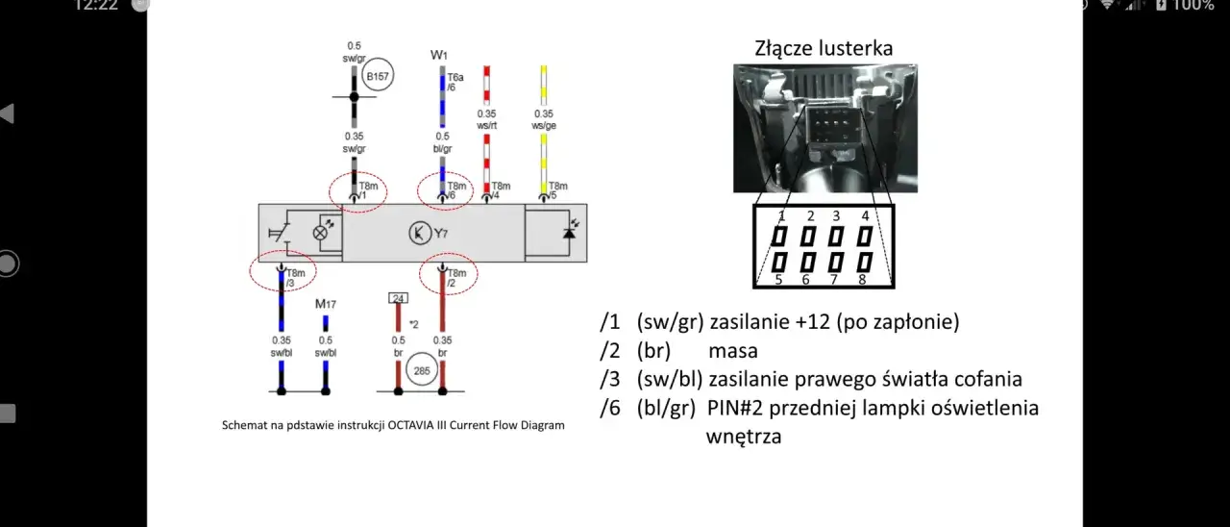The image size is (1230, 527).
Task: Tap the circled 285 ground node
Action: [x=421, y=369]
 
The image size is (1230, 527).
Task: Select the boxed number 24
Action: [x=398, y=298]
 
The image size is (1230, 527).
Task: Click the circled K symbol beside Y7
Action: [x=419, y=233]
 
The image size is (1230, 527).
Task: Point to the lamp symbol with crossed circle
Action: [x=323, y=233]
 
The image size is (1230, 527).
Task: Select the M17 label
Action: [x=326, y=305]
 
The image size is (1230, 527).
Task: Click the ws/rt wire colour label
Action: [x=486, y=125]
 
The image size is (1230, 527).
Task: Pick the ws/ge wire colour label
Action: [x=544, y=125]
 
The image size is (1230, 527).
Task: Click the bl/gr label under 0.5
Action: [x=442, y=149]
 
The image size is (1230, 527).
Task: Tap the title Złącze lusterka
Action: [x=824, y=48]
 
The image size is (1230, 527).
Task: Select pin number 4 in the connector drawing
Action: [x=865, y=216]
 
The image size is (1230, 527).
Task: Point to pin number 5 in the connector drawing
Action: [x=779, y=280]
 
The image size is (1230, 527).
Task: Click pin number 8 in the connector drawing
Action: [x=862, y=280]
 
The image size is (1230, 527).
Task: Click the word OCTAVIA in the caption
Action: [x=414, y=425]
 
